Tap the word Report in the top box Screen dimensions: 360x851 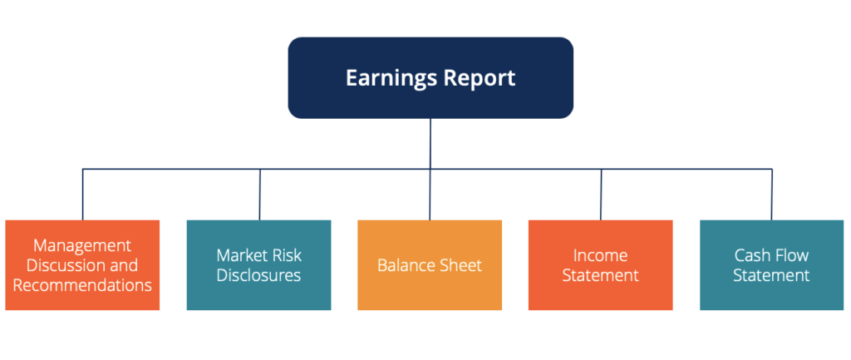pos(479,78)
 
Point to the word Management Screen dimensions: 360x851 pos(82,245)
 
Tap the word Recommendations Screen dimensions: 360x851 pos(82,285)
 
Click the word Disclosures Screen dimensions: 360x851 pos(258,275)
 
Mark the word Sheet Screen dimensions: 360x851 pos(461,265)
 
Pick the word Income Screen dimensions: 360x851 pos(600,255)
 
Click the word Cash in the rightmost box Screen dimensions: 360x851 pos(750,255)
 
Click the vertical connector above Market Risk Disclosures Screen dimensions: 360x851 pos(260,195)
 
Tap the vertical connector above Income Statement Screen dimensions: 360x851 pos(602,195)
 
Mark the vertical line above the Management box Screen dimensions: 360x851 pos(82,195)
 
